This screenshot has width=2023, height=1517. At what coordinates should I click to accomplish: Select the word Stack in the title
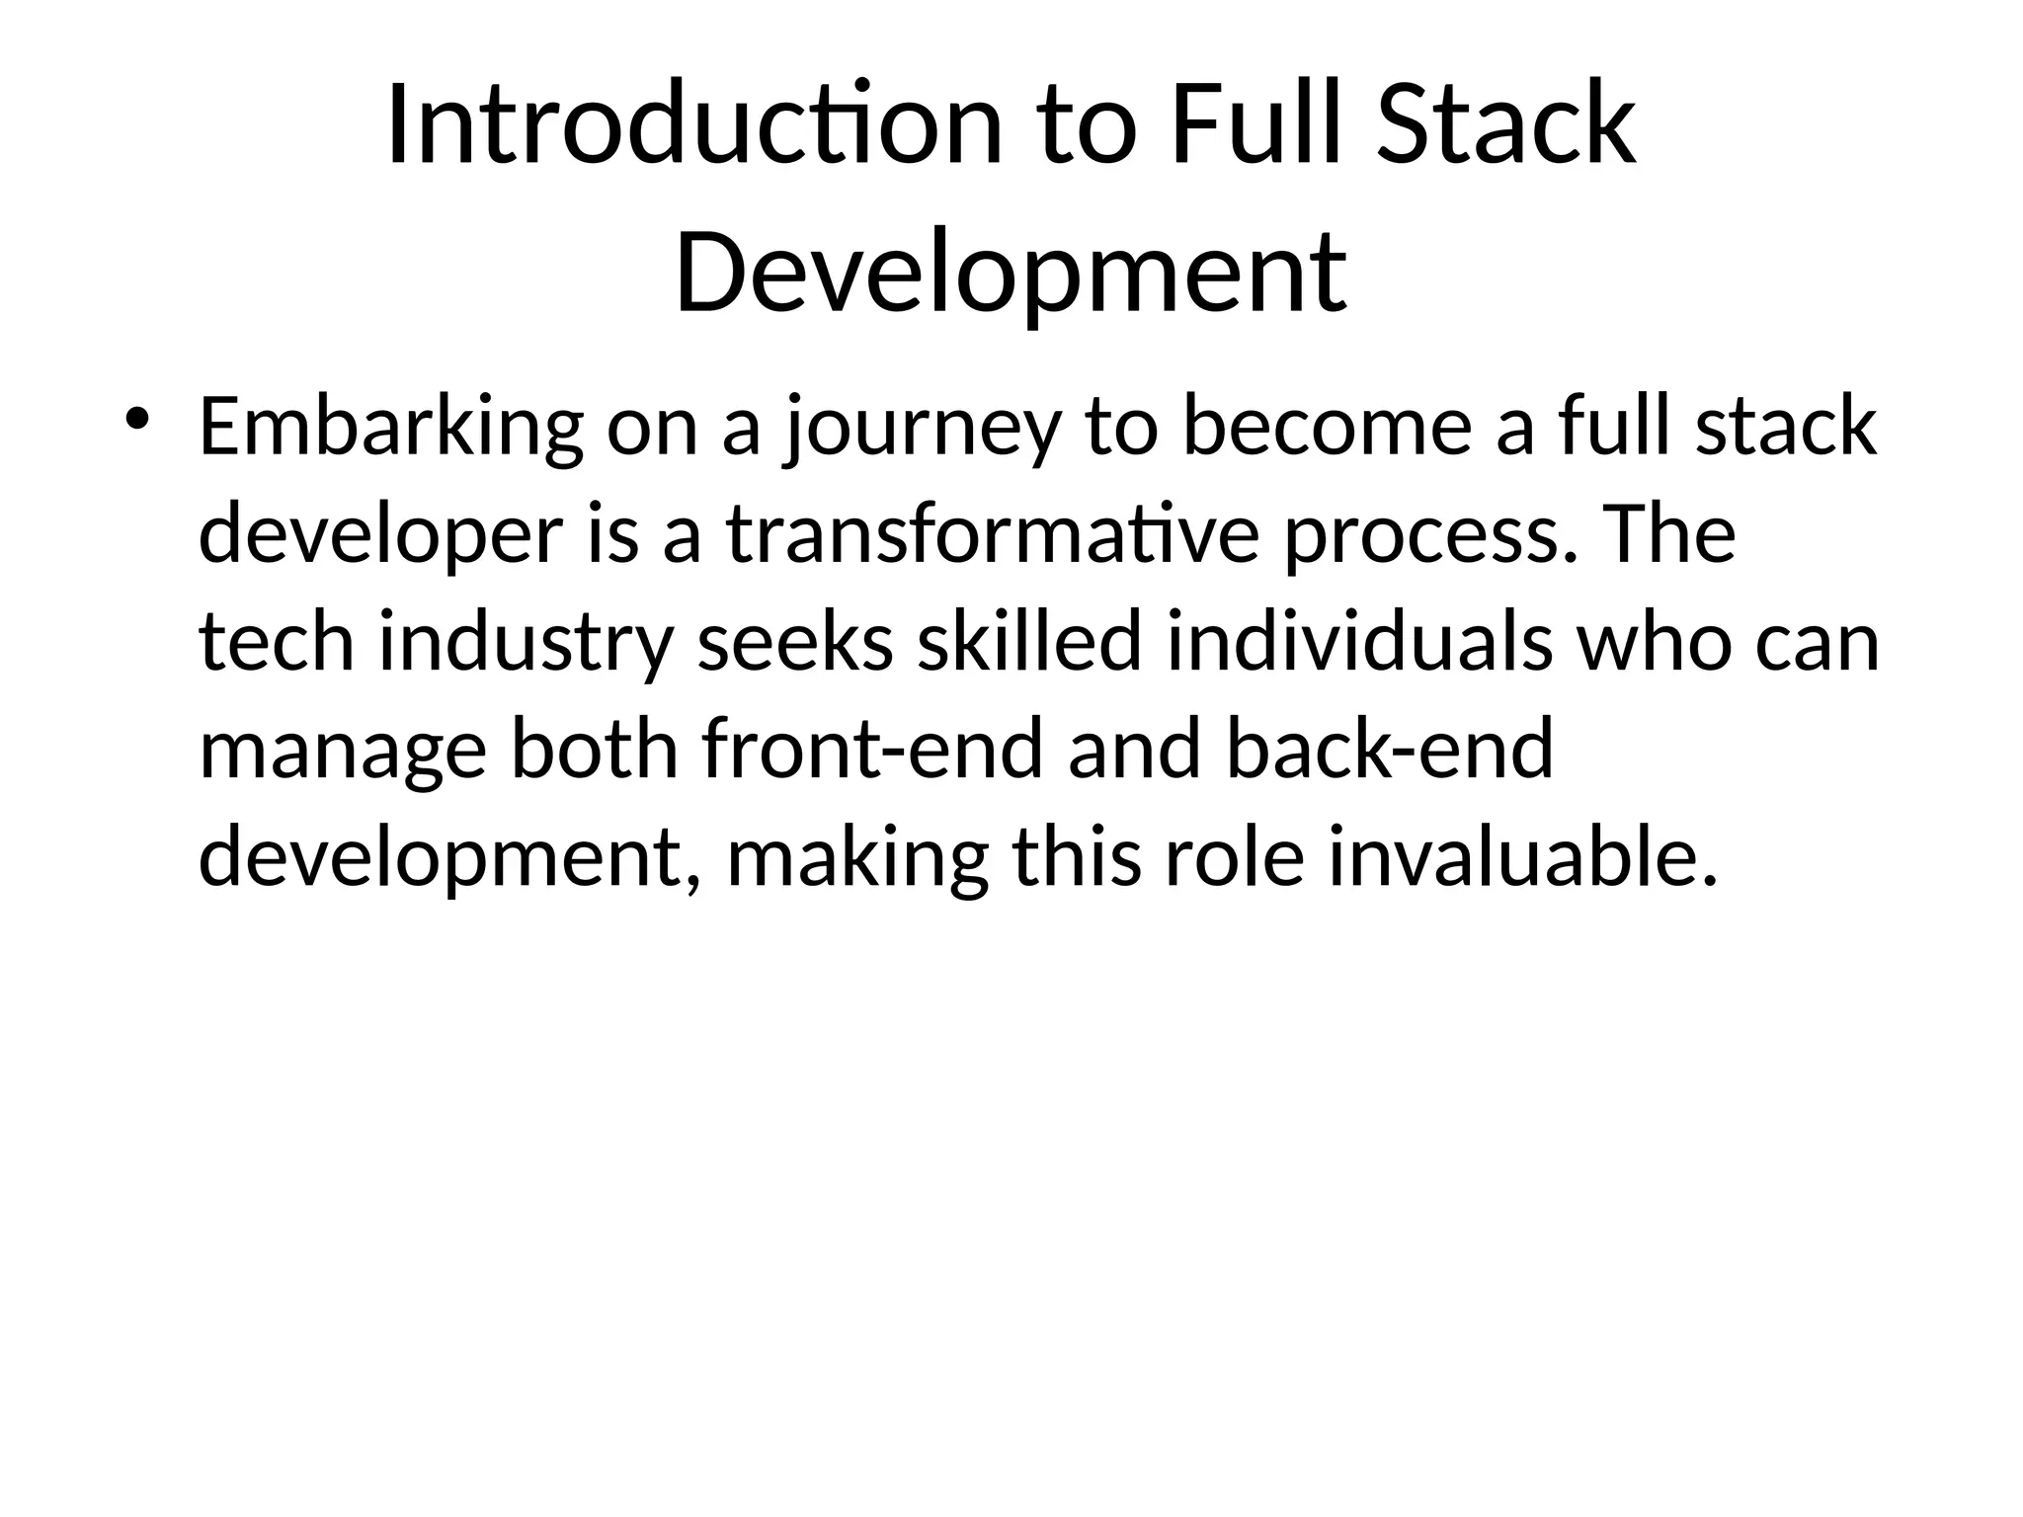tap(1505, 126)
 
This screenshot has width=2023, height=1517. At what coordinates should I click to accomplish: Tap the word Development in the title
tap(1010, 272)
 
